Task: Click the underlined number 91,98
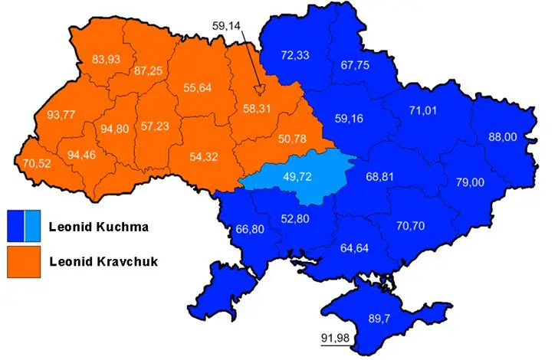336,338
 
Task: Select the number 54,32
205,157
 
